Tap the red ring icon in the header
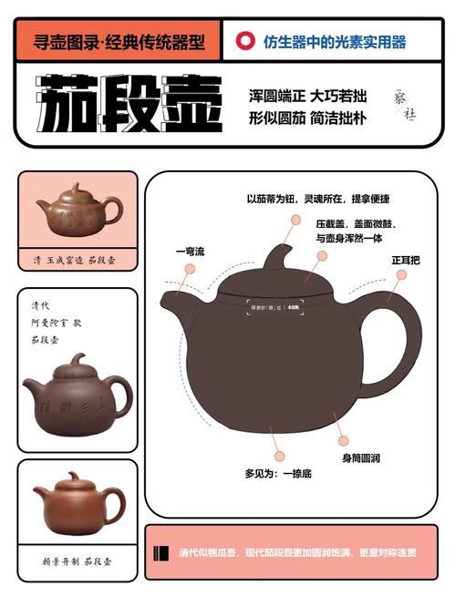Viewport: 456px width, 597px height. point(244,41)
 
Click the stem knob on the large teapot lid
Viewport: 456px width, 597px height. point(277,256)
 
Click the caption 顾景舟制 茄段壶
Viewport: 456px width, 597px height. point(78,562)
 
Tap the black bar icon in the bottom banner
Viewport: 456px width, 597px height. point(162,552)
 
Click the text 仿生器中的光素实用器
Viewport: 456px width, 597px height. point(347,41)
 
